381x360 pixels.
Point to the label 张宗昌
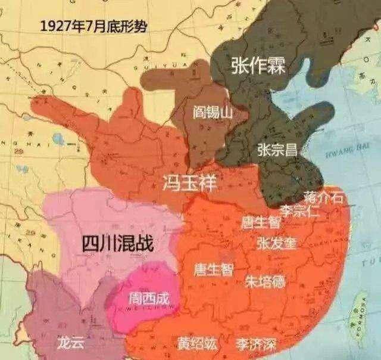277,150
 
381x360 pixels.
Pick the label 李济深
255,344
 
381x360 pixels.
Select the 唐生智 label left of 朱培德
213,269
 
